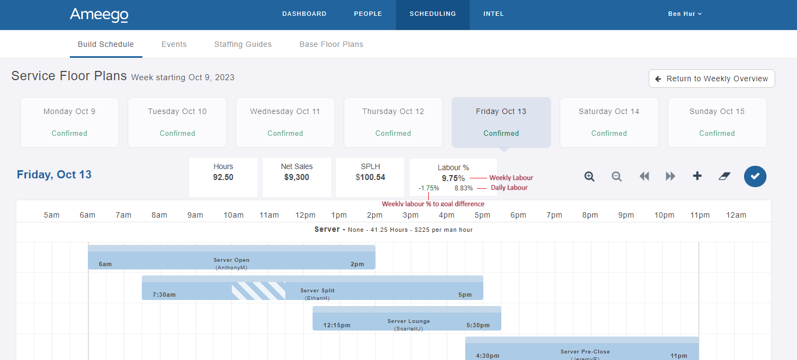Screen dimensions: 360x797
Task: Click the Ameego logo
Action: [x=99, y=15]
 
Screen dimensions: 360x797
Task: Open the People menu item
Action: [x=368, y=14]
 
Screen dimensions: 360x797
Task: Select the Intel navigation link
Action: [x=493, y=14]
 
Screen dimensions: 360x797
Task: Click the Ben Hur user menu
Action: [x=685, y=14]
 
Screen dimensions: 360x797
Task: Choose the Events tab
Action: [x=174, y=44]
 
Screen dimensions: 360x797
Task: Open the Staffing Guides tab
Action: [x=243, y=44]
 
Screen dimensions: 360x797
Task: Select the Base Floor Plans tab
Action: [x=331, y=44]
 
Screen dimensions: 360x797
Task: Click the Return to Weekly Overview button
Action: [x=711, y=79]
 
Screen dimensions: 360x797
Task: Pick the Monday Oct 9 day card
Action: [x=69, y=122]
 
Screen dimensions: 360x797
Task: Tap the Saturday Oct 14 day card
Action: [x=609, y=122]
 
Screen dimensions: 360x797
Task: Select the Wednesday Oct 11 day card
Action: [x=285, y=122]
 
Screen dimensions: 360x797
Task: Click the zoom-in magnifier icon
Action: [x=589, y=176]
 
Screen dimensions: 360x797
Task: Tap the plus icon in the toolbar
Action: [x=697, y=176]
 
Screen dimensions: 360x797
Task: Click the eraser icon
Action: [x=724, y=176]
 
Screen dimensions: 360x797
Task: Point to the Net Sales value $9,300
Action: [x=297, y=177]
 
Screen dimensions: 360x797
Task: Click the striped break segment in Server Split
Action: [x=258, y=291]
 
